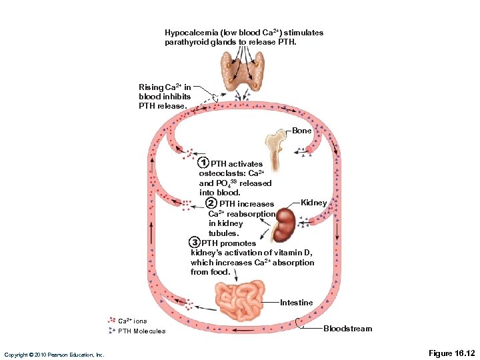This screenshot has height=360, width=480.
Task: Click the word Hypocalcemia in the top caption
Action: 189,33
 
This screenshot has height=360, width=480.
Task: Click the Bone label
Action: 301,131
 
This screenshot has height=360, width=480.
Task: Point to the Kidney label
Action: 314,203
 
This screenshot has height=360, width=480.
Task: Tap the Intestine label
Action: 296,303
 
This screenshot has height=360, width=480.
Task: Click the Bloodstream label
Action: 347,329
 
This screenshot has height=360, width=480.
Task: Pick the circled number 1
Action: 203,163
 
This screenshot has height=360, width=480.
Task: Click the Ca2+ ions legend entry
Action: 133,321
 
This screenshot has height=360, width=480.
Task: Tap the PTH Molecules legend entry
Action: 141,331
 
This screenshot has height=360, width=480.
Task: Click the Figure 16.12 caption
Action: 451,352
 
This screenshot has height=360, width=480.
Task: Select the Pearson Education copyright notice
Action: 54,354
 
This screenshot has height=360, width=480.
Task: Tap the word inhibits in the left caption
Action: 176,97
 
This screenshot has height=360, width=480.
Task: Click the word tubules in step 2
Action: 223,233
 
